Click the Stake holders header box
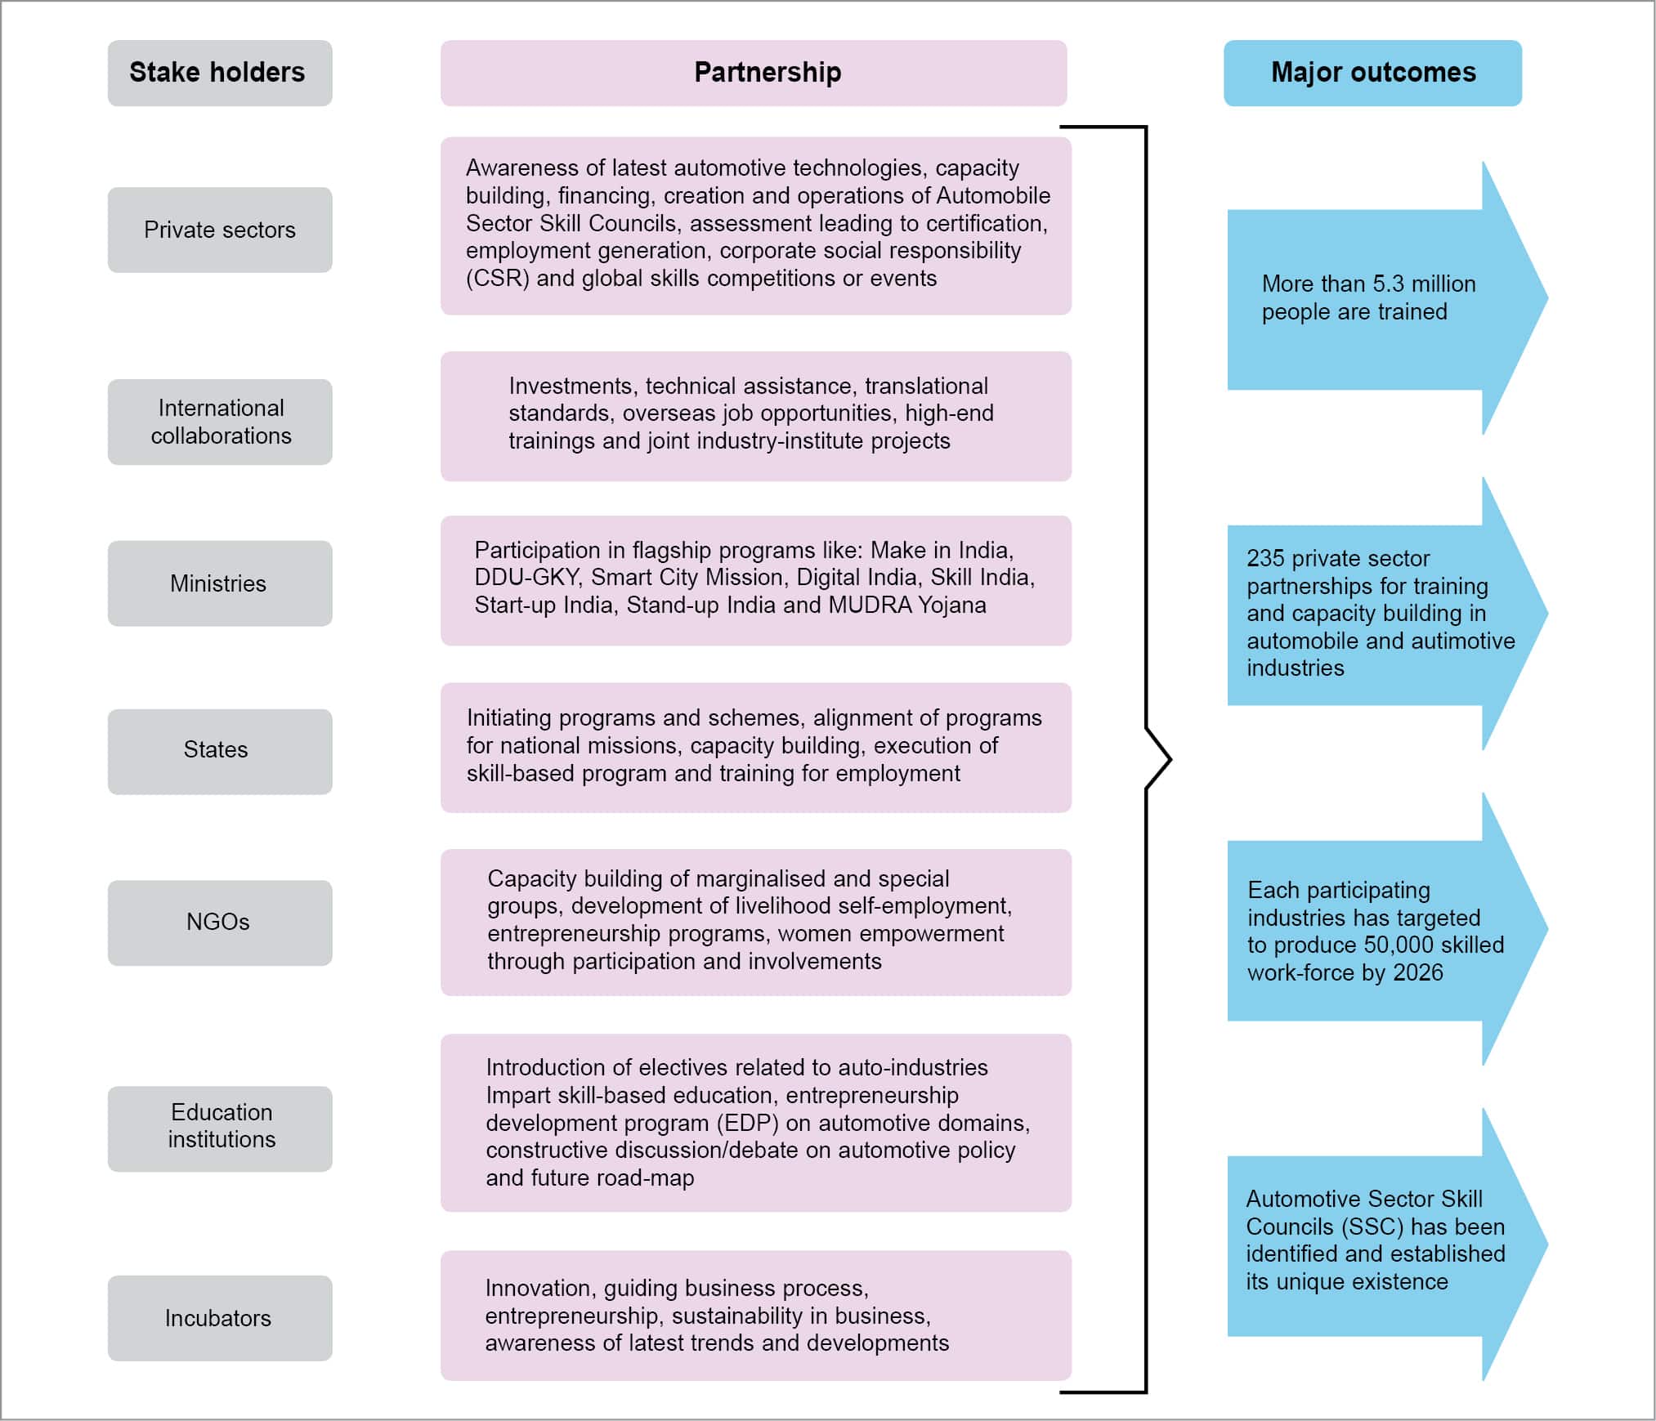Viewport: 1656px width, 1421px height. coord(219,73)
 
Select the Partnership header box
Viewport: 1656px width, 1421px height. coord(753,73)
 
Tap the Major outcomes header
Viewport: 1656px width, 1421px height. coord(1372,73)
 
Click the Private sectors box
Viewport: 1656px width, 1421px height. coord(219,230)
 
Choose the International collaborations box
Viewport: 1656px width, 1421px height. coord(219,422)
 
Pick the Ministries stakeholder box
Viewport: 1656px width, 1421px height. coord(219,583)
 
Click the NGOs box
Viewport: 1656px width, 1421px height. coord(219,923)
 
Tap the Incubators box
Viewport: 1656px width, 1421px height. coord(219,1318)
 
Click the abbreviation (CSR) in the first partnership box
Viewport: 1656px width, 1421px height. coord(497,279)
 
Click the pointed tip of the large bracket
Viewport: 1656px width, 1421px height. coord(1170,759)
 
